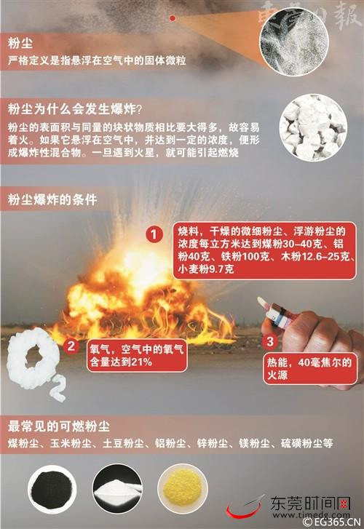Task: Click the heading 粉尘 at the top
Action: [x=20, y=43]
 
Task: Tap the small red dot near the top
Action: [x=173, y=18]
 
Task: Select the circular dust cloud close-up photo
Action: [x=294, y=41]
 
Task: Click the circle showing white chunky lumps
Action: [x=313, y=127]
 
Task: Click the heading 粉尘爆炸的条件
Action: [x=52, y=199]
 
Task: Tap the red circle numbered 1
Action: [x=154, y=234]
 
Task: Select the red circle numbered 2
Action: [x=71, y=346]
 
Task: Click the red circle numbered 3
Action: [x=270, y=341]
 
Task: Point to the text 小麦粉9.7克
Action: [x=205, y=269]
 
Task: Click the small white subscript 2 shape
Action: [x=58, y=389]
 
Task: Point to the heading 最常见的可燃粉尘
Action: [x=58, y=426]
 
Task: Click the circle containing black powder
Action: [x=52, y=489]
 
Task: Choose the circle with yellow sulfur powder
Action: [x=183, y=489]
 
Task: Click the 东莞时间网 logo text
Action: [x=310, y=504]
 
